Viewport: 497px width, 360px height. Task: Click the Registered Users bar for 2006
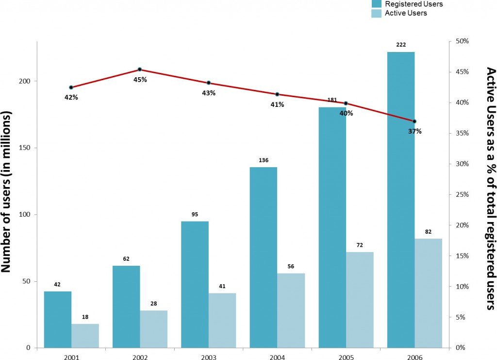(x=401, y=199)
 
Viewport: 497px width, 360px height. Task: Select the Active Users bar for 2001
(x=85, y=336)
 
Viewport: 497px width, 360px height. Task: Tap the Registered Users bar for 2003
(x=195, y=284)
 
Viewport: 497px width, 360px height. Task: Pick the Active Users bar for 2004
(x=291, y=310)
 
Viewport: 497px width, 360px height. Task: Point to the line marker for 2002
(x=140, y=69)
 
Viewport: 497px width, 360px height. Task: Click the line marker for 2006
(x=414, y=121)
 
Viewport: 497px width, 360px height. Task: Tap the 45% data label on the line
(x=140, y=79)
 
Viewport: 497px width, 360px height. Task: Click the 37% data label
(x=415, y=131)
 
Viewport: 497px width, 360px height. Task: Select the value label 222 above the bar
(x=401, y=45)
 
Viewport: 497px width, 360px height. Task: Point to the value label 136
(x=264, y=160)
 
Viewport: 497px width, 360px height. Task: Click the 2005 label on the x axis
(x=346, y=357)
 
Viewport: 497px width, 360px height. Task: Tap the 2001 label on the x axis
(x=71, y=357)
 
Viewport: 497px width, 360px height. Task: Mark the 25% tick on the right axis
(x=461, y=194)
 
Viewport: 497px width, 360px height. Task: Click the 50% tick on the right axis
(x=461, y=41)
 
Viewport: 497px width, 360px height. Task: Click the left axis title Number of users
(x=7, y=192)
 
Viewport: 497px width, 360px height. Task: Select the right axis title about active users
(x=490, y=189)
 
